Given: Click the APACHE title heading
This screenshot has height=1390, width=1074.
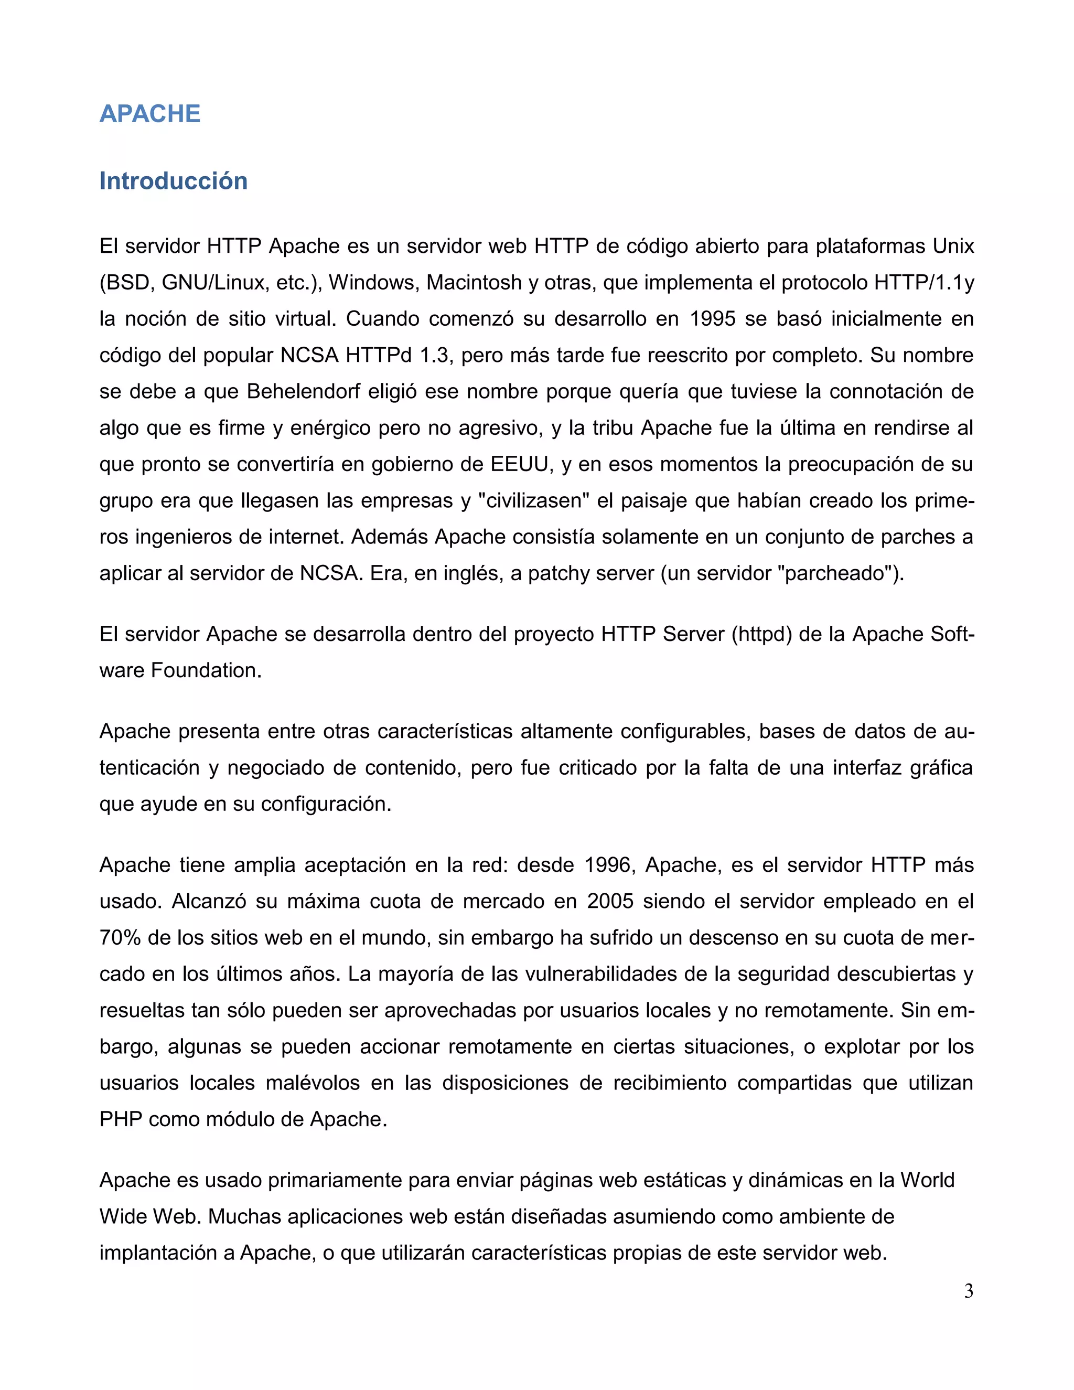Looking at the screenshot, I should click(x=149, y=114).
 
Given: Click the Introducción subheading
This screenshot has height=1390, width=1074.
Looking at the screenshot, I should click(x=173, y=181).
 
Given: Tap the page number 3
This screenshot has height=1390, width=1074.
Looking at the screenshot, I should click(x=968, y=1291).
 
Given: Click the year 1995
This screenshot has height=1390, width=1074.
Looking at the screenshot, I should click(x=713, y=319).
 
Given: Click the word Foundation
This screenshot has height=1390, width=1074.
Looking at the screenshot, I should click(x=206, y=671).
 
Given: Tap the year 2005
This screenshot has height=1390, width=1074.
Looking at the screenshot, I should click(x=610, y=901).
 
